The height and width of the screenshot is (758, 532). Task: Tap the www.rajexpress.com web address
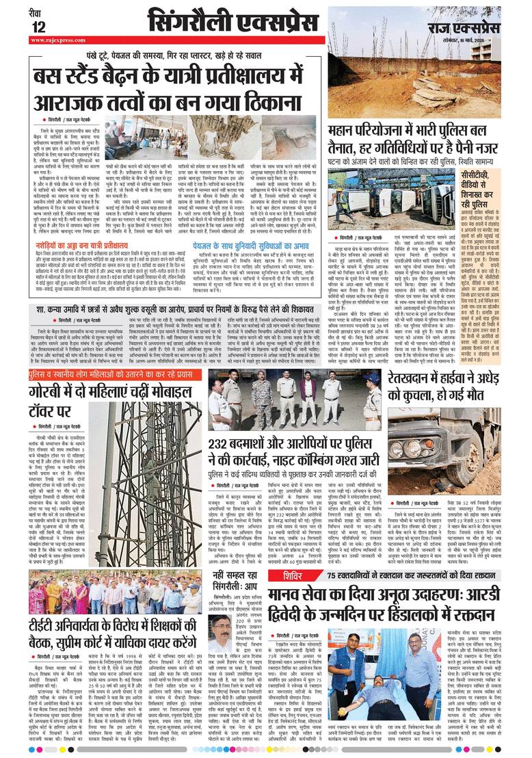(x=56, y=40)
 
